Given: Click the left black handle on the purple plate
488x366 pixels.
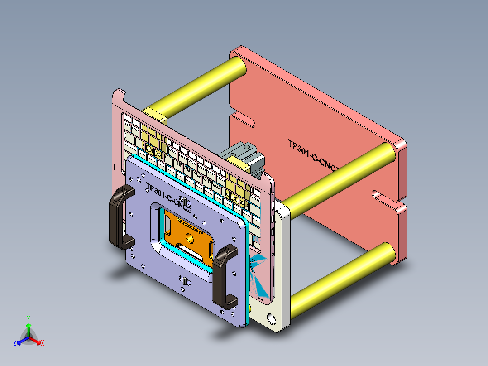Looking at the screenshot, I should (116, 217).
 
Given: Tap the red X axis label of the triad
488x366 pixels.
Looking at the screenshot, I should (42, 343).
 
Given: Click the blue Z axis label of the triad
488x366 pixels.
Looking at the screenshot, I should (15, 343).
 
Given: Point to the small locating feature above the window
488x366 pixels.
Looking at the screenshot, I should (184, 200).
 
